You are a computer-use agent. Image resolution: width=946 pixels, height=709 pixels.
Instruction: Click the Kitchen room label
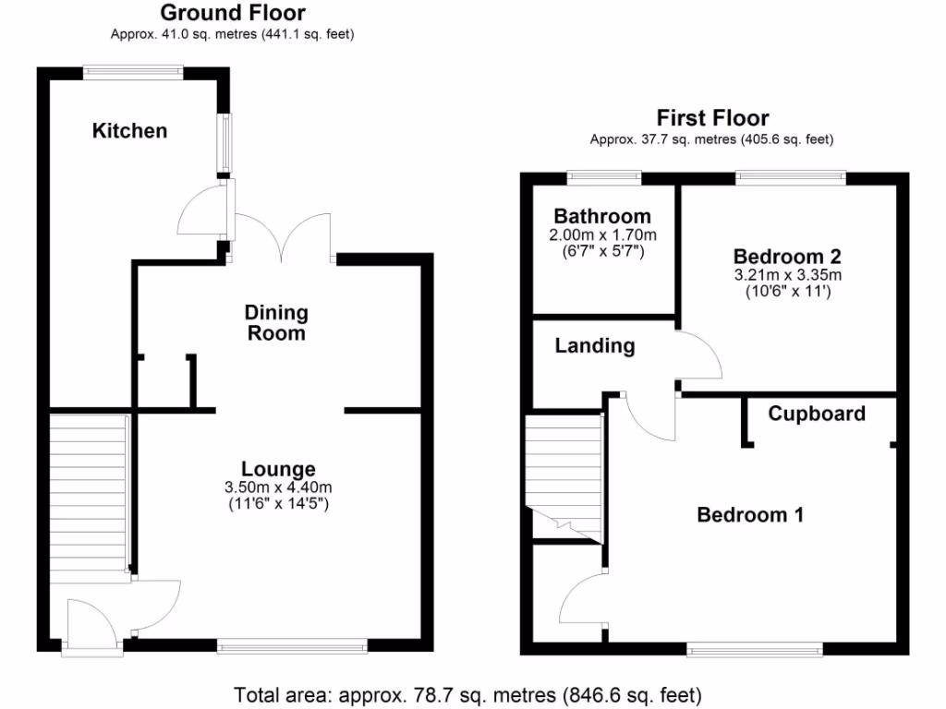[130, 131]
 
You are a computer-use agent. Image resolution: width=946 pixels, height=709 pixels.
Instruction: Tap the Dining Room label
[276, 323]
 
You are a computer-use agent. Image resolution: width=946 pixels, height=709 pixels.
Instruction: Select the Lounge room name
[278, 469]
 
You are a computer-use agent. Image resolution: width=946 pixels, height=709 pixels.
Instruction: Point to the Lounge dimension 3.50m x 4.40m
[278, 487]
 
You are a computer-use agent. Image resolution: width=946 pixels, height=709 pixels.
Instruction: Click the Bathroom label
[603, 217]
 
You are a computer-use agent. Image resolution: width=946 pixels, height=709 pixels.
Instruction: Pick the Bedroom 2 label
[787, 256]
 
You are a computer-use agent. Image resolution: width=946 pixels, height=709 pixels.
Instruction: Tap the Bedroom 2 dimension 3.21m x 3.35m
[787, 275]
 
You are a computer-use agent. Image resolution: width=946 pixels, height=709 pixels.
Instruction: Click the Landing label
[595, 346]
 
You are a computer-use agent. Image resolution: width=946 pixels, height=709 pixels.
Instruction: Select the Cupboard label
[817, 414]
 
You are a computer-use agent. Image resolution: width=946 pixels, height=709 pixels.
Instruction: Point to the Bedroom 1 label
[750, 515]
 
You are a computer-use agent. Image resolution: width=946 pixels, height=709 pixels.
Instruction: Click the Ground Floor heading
[233, 13]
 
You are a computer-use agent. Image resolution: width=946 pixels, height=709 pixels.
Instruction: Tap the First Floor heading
[712, 118]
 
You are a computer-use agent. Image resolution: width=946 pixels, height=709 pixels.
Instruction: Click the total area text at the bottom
[468, 694]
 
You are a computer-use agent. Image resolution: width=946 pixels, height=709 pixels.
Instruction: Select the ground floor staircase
[88, 494]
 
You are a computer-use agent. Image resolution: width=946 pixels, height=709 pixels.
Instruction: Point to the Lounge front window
[292, 646]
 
